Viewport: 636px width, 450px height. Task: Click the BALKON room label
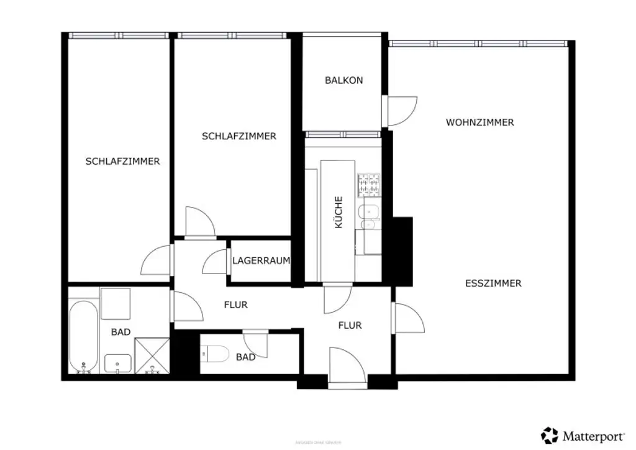click(x=343, y=80)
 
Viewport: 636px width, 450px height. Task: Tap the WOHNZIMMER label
click(x=479, y=122)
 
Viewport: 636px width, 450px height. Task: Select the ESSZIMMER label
click(x=493, y=283)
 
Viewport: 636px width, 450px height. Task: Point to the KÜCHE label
click(x=338, y=212)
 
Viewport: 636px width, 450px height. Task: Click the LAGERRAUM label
click(x=261, y=261)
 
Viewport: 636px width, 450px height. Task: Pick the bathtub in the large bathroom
click(x=83, y=336)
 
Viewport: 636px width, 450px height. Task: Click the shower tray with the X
click(x=152, y=356)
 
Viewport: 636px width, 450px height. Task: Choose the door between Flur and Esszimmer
click(x=407, y=318)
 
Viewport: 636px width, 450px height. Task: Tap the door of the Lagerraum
click(x=216, y=262)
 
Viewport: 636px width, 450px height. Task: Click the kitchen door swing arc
click(x=337, y=299)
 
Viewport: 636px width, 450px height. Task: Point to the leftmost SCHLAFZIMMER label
click(x=122, y=162)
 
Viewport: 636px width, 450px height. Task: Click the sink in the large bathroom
click(x=117, y=362)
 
